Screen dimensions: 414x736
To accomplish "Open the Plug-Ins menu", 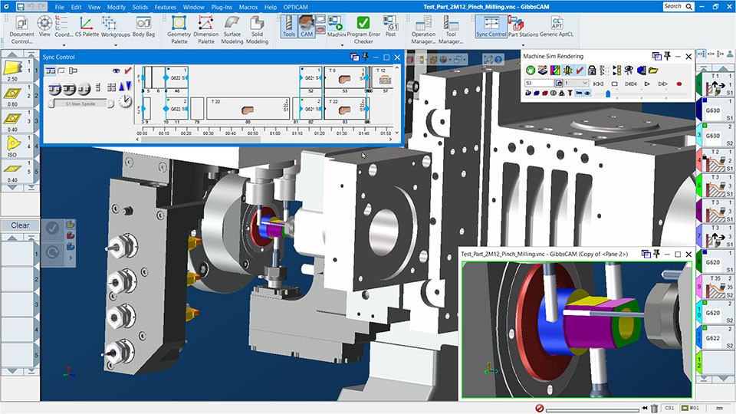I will coord(221,7).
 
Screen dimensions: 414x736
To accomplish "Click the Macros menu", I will coord(248,7).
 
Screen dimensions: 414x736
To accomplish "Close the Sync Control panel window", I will coord(398,57).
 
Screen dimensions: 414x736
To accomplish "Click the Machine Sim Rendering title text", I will coord(553,56).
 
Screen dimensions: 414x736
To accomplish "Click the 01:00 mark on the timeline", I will coord(274,133).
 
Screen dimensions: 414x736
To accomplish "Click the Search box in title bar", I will coord(676,6).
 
